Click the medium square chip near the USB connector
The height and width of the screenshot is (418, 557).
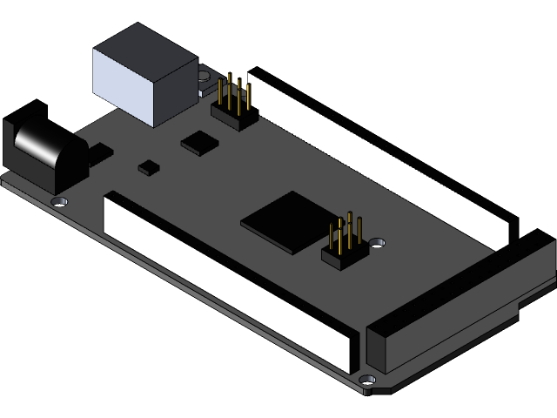[200, 142]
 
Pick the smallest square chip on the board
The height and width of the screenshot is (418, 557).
[150, 165]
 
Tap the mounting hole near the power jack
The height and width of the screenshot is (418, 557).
[60, 201]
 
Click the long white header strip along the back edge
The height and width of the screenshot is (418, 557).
[383, 157]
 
